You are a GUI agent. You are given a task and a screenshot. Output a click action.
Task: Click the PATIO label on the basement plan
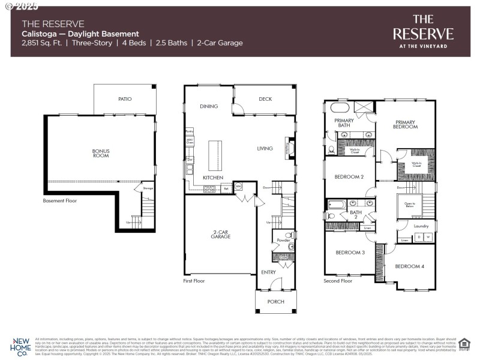click(x=125, y=99)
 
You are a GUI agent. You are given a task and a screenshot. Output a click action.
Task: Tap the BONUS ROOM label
click(x=101, y=154)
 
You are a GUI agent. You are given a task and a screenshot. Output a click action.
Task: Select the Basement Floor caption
click(x=60, y=201)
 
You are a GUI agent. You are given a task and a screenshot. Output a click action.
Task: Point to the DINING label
click(x=208, y=106)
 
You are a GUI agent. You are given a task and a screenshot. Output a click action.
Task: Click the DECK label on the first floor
click(x=265, y=99)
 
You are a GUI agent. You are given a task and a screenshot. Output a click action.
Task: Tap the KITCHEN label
click(x=213, y=178)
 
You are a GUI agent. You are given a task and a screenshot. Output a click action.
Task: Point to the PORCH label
click(x=275, y=301)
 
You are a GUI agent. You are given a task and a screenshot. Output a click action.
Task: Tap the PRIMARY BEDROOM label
click(x=405, y=124)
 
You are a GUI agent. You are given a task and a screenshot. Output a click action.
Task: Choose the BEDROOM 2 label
click(x=349, y=176)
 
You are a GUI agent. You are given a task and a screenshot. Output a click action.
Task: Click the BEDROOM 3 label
click(x=350, y=252)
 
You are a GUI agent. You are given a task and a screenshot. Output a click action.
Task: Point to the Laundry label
click(x=421, y=226)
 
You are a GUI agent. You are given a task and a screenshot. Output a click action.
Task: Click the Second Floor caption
click(x=338, y=280)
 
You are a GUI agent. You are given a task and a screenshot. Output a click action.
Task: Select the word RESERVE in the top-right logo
click(x=423, y=34)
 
